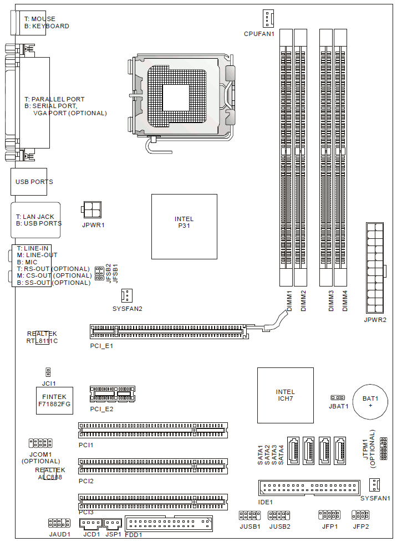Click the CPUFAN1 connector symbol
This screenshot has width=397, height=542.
point(267,19)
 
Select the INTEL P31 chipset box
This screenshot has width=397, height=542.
point(184,227)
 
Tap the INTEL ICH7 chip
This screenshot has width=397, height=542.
point(286,395)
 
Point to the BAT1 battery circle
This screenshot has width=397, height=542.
point(370,402)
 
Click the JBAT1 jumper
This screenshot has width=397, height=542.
point(338,398)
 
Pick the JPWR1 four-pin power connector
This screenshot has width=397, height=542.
point(91,209)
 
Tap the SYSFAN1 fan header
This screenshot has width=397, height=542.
point(374,485)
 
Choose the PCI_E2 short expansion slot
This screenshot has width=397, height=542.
point(113,394)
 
